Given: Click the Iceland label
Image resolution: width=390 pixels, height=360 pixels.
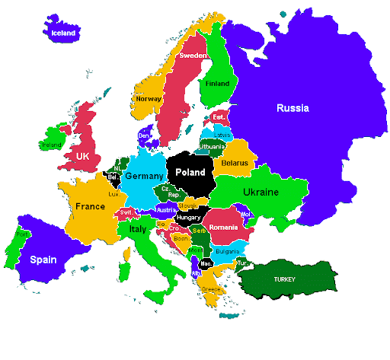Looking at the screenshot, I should click(x=62, y=33).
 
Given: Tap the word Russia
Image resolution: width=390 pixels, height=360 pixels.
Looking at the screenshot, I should click(x=292, y=108).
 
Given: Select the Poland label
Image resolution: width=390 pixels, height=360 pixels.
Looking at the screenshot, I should click(x=190, y=173).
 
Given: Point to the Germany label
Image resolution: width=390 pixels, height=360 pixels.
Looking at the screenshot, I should click(x=144, y=177).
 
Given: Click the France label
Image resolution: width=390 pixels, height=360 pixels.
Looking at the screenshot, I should click(x=90, y=206).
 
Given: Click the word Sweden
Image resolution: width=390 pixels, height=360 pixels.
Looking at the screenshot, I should click(x=193, y=56).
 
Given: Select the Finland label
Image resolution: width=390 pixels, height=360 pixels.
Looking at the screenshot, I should click(x=217, y=84).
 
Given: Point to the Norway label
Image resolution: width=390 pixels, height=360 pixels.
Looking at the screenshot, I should click(x=148, y=99).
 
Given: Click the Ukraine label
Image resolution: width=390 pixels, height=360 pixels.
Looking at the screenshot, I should click(x=261, y=193).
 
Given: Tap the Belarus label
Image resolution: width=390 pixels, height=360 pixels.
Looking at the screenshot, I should click(x=235, y=163).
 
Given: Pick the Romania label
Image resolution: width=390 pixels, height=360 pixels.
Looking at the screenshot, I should click(x=224, y=228).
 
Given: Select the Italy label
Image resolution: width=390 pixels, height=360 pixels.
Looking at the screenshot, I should click(x=138, y=228).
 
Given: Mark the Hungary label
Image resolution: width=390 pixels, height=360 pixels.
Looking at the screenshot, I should click(x=189, y=218).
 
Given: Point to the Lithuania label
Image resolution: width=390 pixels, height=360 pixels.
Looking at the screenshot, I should click(x=212, y=146).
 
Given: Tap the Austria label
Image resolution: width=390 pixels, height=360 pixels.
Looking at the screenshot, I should click(x=166, y=209).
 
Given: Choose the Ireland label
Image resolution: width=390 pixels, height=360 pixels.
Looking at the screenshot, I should click(x=52, y=144).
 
